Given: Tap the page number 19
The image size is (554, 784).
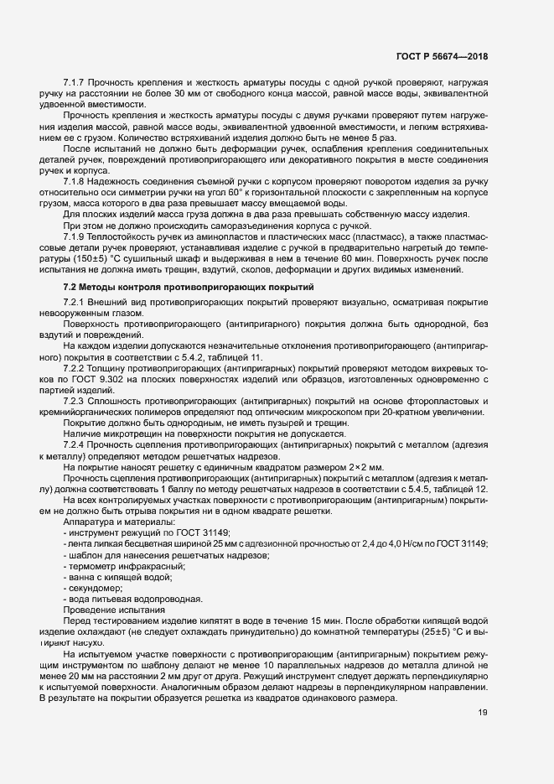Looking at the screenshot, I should [x=482, y=713].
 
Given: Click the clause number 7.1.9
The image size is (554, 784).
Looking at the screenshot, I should [x=75, y=240].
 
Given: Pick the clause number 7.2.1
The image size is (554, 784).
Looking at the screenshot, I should [x=75, y=302].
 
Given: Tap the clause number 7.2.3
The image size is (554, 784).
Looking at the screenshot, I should [x=75, y=401].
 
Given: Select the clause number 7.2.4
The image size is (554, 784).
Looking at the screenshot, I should [x=75, y=444].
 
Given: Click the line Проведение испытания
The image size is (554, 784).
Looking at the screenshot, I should [x=111, y=610].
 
